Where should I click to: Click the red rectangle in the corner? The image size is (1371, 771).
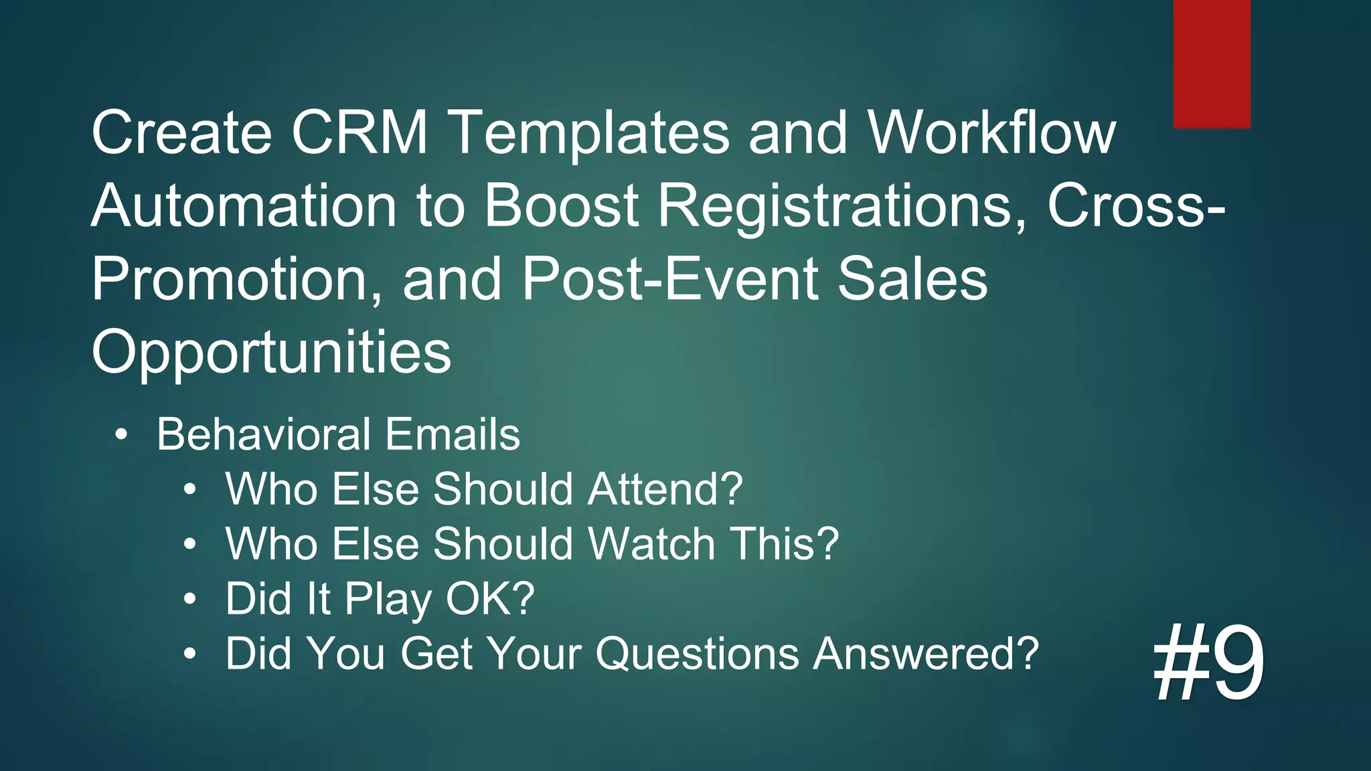1212,64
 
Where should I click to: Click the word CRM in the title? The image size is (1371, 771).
359,133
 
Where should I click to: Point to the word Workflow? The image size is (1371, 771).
991,133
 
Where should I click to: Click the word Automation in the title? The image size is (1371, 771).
244,205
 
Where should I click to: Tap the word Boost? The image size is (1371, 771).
561,205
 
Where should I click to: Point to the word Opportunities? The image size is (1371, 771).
271,353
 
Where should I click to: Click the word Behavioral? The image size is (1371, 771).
263,434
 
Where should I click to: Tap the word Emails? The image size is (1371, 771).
453,434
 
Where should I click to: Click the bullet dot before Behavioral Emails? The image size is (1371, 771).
120,436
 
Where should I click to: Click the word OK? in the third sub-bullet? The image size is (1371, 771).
490,598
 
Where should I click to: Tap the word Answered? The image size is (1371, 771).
926,653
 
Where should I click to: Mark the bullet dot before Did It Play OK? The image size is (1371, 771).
191,599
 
